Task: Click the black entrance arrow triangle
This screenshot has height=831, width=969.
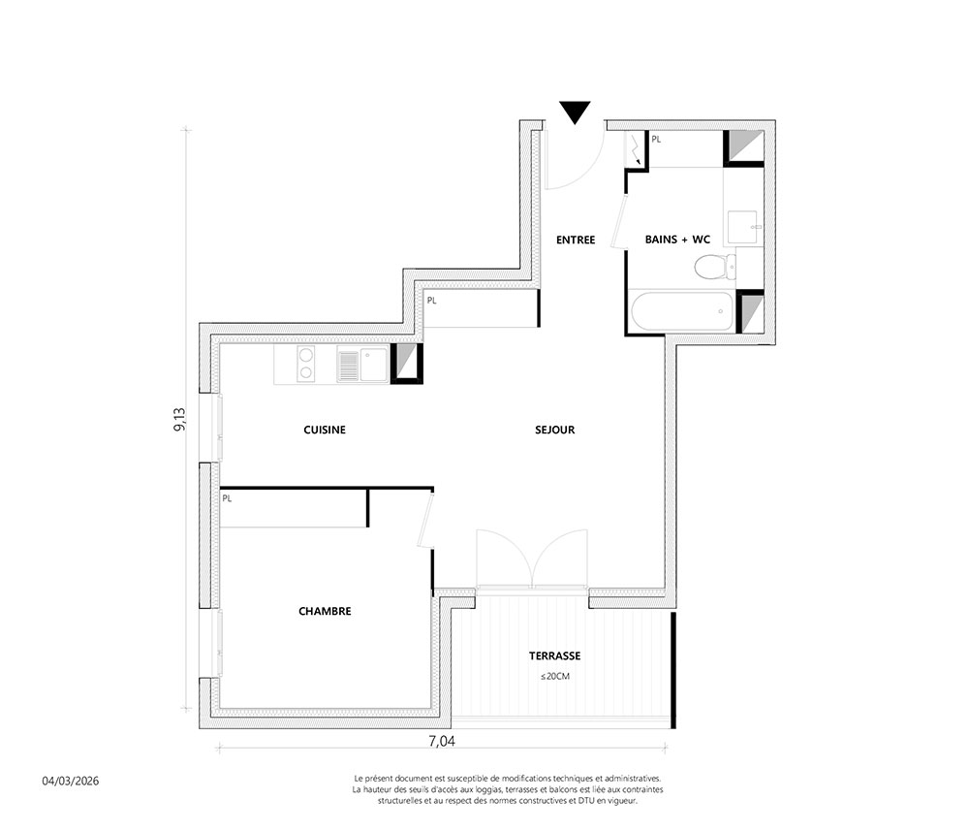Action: (x=575, y=112)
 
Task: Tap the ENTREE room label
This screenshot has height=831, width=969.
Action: (x=576, y=240)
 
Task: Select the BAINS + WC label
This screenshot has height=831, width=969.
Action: (x=677, y=240)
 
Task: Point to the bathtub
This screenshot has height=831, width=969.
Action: (x=682, y=311)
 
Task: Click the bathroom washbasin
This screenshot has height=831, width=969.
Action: (x=743, y=227)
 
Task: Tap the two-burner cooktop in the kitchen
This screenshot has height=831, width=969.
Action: (x=306, y=364)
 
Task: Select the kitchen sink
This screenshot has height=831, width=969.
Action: (x=362, y=365)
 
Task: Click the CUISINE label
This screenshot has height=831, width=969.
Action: (x=325, y=430)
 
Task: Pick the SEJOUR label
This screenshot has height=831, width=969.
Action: (x=555, y=430)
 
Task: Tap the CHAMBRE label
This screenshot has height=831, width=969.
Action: (x=325, y=611)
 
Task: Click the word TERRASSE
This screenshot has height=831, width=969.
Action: (x=555, y=655)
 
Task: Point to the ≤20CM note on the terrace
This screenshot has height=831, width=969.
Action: (x=555, y=677)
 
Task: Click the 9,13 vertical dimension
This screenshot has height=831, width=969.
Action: (x=180, y=419)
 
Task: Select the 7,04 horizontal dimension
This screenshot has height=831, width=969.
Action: (x=442, y=741)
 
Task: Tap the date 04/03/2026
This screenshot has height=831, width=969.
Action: (x=71, y=781)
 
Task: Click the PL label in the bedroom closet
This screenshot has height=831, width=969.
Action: (x=227, y=498)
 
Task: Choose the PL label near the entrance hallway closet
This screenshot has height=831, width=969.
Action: (x=431, y=301)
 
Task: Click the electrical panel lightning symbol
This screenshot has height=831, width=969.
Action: (x=636, y=149)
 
